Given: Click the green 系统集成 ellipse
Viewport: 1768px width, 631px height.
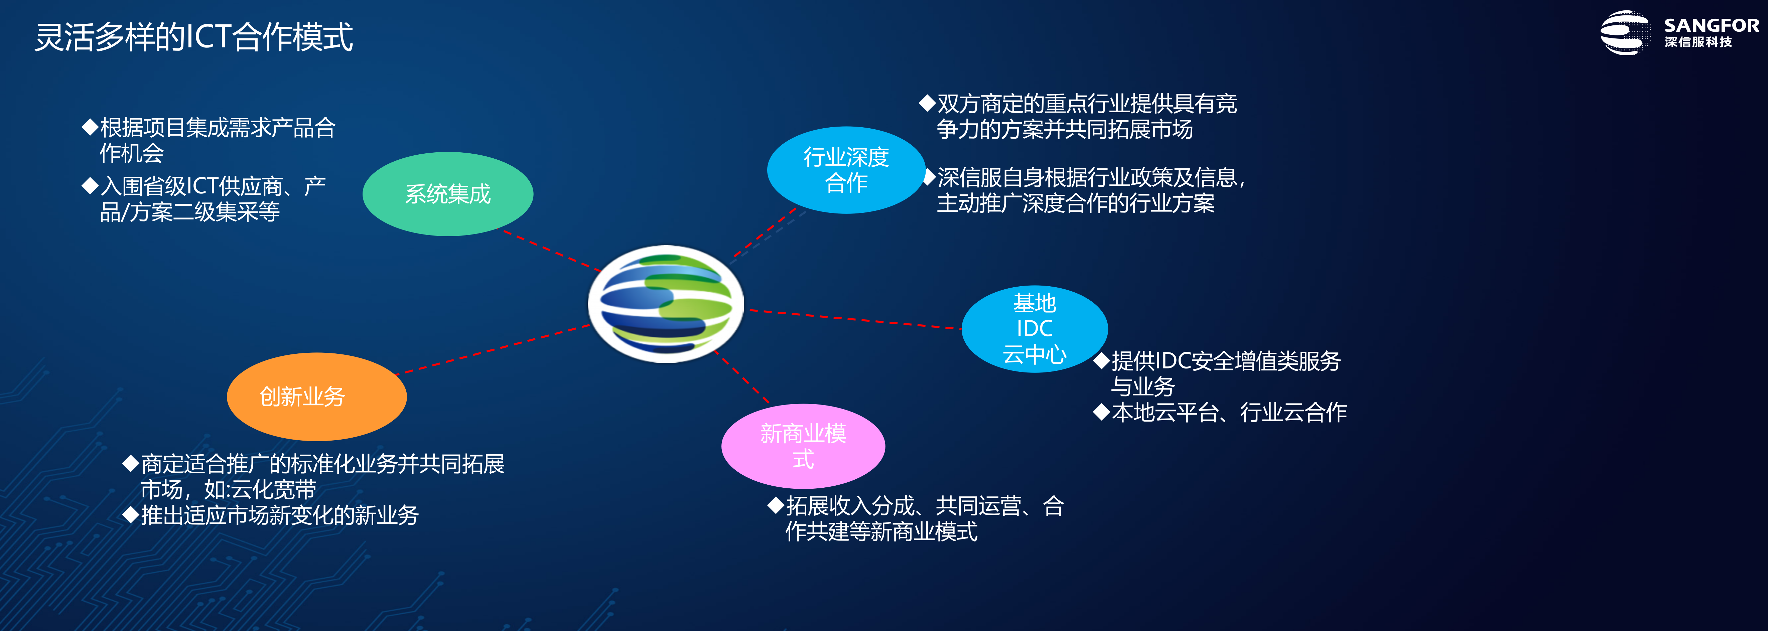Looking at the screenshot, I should pos(447,194).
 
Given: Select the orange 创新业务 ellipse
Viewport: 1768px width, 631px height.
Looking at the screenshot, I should pos(316,397).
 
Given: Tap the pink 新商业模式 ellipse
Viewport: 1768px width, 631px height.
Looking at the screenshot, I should pos(803,446).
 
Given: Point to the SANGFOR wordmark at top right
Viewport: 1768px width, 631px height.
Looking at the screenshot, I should pos(1711,25).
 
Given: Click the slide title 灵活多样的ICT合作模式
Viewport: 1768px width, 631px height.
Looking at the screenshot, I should pos(193,37).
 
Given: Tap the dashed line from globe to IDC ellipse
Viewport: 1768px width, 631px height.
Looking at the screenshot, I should pos(854,320).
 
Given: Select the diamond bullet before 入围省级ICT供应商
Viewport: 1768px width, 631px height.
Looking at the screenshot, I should pos(90,185).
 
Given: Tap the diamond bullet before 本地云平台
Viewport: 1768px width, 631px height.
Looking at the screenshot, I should pos(1102,412).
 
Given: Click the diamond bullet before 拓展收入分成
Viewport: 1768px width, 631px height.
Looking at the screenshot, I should pos(776,505).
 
